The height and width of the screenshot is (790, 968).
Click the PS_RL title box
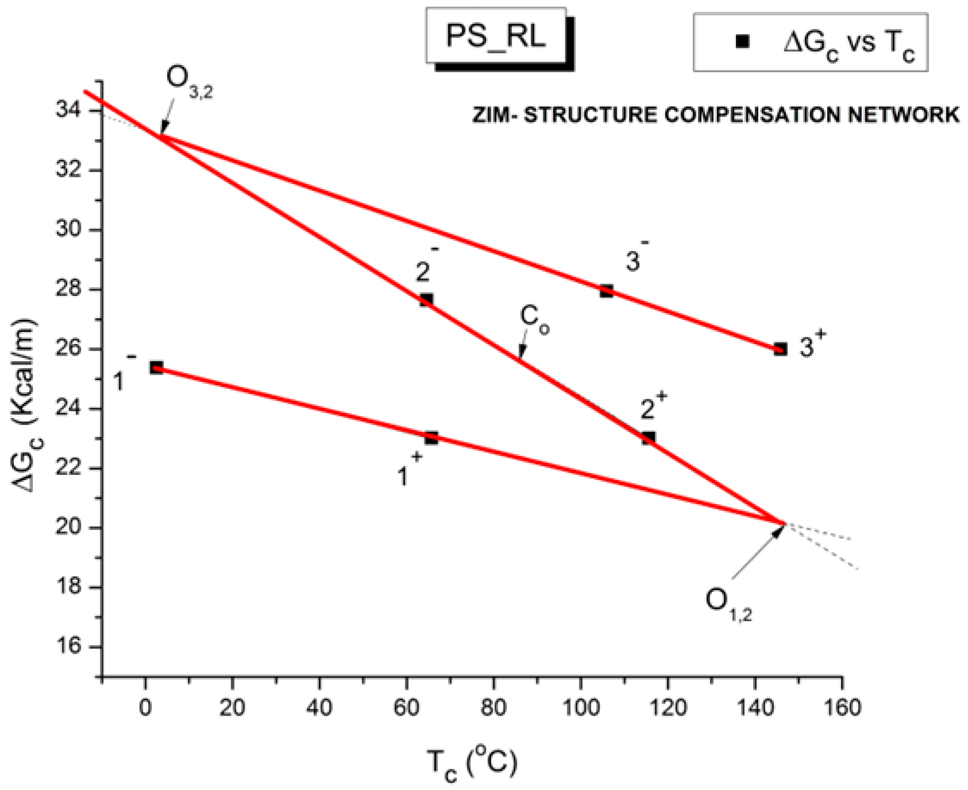click(x=496, y=36)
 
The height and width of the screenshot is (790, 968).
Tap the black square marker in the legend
click(x=742, y=41)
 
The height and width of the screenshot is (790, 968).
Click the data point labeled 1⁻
click(x=156, y=368)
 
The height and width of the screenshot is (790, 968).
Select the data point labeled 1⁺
click(x=431, y=438)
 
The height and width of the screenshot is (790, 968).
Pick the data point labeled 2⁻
click(x=426, y=300)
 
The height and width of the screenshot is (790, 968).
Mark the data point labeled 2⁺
click(x=648, y=438)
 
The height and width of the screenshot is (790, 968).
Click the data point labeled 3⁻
click(x=606, y=291)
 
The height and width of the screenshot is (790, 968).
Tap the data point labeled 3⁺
click(x=780, y=349)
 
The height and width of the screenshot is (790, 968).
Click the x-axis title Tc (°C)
click(x=472, y=763)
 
